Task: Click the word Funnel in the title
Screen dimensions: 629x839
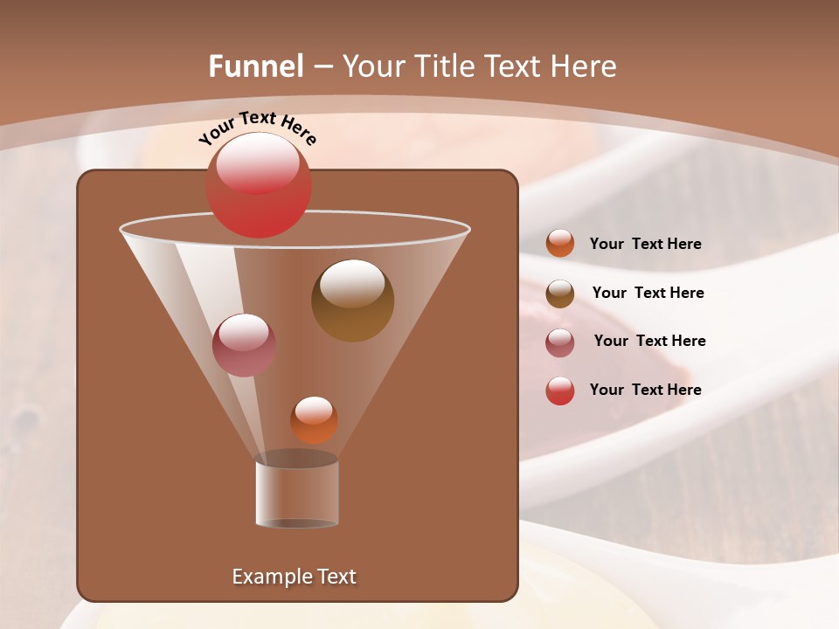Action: tap(256, 66)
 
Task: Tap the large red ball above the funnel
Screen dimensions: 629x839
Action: tap(259, 185)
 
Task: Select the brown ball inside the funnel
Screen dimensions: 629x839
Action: tap(353, 301)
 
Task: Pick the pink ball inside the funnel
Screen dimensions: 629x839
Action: tap(244, 345)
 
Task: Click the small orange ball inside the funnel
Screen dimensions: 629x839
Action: tap(314, 420)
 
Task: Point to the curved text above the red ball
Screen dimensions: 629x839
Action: tap(258, 128)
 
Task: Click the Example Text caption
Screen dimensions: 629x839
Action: tap(294, 577)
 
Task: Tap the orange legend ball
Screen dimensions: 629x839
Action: tap(560, 244)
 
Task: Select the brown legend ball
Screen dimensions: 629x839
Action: tap(560, 294)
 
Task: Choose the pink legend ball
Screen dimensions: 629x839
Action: tap(560, 342)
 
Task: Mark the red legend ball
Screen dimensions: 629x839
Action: tap(560, 391)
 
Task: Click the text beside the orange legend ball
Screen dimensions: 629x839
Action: tap(645, 245)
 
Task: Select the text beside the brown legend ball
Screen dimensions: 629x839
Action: tap(648, 294)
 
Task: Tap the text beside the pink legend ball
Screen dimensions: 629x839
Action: tap(649, 342)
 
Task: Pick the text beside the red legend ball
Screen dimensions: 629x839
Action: tap(645, 391)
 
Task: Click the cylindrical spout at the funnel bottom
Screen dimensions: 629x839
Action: tap(297, 494)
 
